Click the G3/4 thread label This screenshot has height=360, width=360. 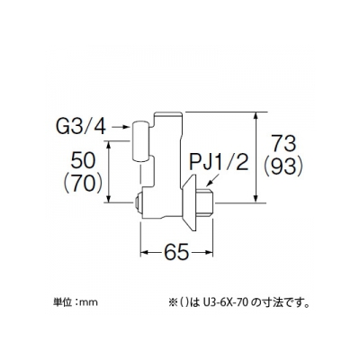(x=81, y=127)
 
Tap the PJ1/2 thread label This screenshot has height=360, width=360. (x=219, y=163)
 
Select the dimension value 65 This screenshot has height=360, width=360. (x=176, y=252)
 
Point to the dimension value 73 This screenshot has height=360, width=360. (x=283, y=144)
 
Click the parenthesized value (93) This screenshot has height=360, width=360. (x=283, y=166)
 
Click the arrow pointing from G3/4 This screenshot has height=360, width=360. (x=121, y=128)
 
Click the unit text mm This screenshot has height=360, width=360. (x=91, y=302)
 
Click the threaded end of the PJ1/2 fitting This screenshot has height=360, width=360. (x=204, y=202)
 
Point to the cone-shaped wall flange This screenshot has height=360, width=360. (x=189, y=202)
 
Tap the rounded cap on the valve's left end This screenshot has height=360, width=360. (x=138, y=202)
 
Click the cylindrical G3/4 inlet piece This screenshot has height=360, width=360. (x=140, y=141)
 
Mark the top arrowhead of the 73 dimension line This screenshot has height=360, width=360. (x=256, y=116)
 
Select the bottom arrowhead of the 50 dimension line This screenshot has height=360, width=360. (x=109, y=199)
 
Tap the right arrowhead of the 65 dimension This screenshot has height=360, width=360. (x=209, y=252)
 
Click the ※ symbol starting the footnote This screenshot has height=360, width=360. (x=173, y=302)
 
